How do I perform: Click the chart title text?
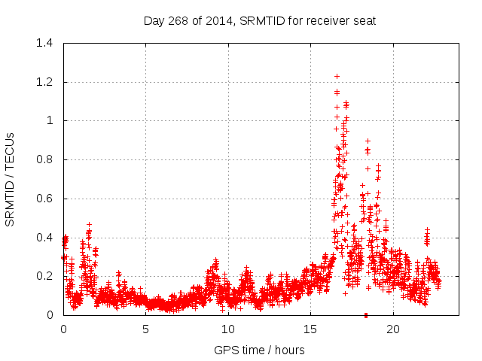pos(259,21)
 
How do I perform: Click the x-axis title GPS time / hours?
pos(259,350)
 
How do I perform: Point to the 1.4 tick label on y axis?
pos(44,43)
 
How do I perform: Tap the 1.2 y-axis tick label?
pos(44,82)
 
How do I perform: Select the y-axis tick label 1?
pos(50,120)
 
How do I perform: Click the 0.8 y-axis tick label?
pos(44,159)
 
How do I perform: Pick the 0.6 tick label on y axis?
pos(44,199)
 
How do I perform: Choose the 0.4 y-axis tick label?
pos(44,238)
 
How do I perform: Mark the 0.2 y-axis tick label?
pos(44,276)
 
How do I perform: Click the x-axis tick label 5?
pos(146,329)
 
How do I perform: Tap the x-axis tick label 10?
pos(228,329)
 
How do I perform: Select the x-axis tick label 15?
pos(311,329)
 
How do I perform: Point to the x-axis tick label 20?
pos(393,329)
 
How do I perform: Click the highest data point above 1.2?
pos(337,76)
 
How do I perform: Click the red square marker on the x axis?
pos(365,314)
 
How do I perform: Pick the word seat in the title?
pos(364,21)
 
